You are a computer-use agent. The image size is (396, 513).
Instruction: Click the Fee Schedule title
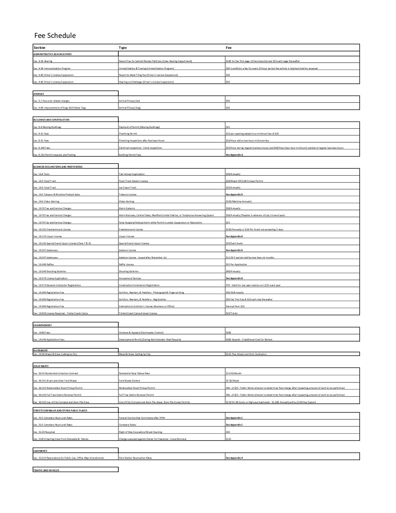pos(55,36)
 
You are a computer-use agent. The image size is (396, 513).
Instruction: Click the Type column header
pos(123,48)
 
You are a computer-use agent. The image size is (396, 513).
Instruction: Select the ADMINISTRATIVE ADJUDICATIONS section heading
pos(52,54)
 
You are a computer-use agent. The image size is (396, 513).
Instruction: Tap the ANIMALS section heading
pos(39,94)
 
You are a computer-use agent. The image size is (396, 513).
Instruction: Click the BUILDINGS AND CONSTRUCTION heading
pos(51,120)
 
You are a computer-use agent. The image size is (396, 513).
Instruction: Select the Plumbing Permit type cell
pos(128,134)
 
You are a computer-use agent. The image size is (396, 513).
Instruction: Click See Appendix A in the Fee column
pos(234,155)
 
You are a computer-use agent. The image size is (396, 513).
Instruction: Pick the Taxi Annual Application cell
pos(132,174)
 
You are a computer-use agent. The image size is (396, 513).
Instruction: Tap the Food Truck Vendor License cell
pos(134,181)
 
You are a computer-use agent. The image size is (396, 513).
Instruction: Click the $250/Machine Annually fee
pos(238,201)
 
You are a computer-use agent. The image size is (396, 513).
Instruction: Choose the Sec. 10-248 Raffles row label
pos(44,265)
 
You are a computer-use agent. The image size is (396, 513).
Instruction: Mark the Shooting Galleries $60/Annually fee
pos(233,271)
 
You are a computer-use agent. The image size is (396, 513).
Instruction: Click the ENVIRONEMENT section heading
pos(43,325)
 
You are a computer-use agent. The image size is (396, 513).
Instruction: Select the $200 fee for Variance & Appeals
pos(228,333)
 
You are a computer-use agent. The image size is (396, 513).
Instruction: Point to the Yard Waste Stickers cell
pos(129,381)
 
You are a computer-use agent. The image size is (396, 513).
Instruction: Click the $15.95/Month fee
pos(233,373)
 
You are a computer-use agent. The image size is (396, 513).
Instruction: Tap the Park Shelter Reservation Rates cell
pos(135,458)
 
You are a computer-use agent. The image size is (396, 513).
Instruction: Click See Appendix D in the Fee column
pos(234,458)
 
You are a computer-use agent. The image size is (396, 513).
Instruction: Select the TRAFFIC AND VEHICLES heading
pos(46,470)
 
